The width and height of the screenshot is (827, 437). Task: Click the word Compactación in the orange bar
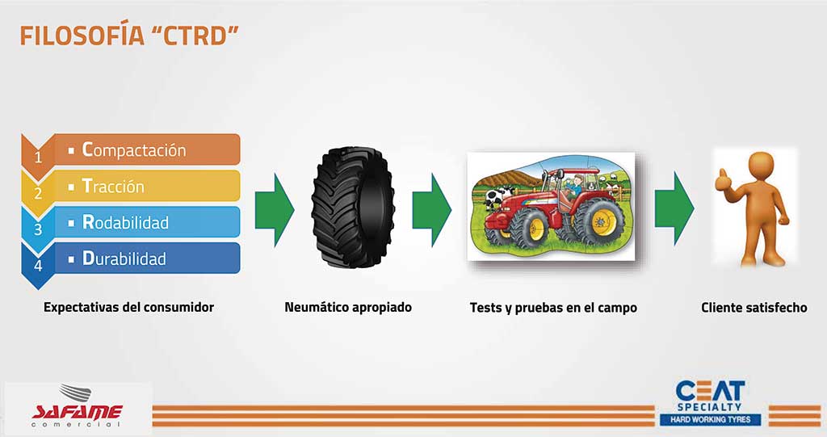pos(134,150)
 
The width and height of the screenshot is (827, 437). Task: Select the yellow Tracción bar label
pos(113,187)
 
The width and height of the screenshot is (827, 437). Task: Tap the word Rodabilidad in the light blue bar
pos(125,222)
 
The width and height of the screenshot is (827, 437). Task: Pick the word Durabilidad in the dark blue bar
pos(124,258)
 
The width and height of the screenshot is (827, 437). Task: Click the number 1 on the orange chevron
pos(38,158)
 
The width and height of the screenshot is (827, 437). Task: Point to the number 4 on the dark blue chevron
pos(38,266)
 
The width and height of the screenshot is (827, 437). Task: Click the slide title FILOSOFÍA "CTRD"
pos(129,36)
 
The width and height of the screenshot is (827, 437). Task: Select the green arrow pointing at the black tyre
pos(275,209)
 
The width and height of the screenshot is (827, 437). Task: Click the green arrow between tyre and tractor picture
pos(431,209)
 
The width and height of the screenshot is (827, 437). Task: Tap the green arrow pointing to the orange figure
pos(674,208)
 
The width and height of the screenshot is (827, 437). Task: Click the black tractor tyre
pos(353,208)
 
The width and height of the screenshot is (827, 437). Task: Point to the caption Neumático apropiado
pos(348,307)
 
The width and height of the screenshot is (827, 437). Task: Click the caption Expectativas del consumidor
pos(128,307)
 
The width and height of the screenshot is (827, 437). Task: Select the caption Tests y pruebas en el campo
pos(553,308)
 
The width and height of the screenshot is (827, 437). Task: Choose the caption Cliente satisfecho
pos(754,307)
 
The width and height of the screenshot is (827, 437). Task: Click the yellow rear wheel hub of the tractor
pos(601,221)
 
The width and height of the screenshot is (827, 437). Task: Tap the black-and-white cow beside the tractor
pos(495,197)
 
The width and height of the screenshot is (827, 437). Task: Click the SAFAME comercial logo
pos(77,407)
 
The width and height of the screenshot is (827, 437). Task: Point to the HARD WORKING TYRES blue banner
pos(711,419)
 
